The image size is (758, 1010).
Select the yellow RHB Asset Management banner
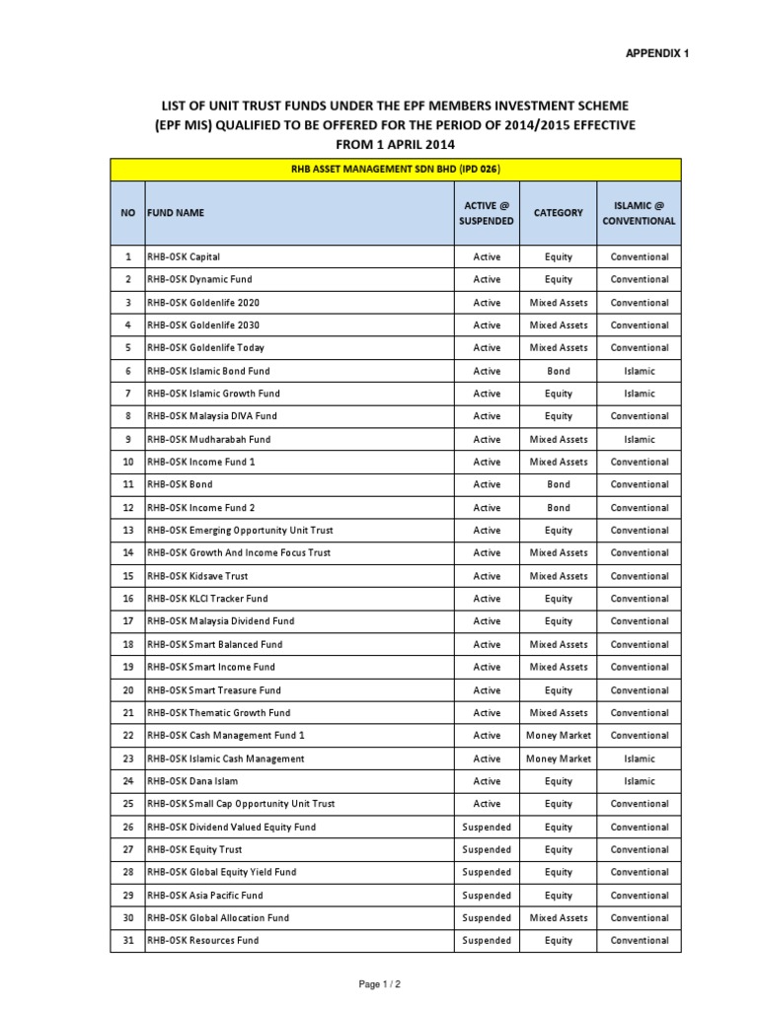[x=395, y=170]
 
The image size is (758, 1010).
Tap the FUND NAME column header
[x=178, y=212]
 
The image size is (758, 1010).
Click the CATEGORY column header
[x=559, y=212]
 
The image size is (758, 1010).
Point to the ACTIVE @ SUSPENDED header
[x=487, y=212]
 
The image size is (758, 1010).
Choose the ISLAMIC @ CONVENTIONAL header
[x=639, y=212]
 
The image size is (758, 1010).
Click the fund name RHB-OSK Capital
[x=185, y=256]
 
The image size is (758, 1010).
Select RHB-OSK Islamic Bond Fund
[x=208, y=371]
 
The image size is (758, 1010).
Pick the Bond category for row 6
[x=559, y=371]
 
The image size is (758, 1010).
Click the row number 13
[x=128, y=531]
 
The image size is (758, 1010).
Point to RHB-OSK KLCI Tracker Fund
[x=207, y=599]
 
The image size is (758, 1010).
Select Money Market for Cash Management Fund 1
[x=559, y=736]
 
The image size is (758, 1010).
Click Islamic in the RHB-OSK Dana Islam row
[x=639, y=781]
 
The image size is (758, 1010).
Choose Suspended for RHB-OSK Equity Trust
[x=487, y=849]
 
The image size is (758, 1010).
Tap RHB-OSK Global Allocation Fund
[x=218, y=918]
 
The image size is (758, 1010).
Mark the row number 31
[x=128, y=941]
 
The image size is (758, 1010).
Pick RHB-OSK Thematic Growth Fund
[x=219, y=713]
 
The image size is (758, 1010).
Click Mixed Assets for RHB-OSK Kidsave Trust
[x=559, y=576]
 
